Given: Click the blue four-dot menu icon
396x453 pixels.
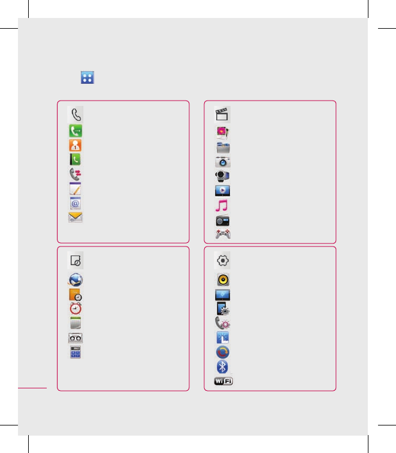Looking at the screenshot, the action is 87,77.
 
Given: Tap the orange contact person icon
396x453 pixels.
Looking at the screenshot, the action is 75,145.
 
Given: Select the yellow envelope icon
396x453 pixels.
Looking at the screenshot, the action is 75,217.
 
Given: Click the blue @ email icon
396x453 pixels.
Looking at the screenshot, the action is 75,203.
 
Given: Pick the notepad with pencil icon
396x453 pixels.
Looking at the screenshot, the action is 75,189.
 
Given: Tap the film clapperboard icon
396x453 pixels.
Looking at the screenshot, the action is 222,114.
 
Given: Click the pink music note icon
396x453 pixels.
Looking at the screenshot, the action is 222,205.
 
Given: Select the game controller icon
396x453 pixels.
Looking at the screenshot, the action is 222,234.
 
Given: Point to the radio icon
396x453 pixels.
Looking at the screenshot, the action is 222,220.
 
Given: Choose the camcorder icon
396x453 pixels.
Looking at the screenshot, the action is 222,176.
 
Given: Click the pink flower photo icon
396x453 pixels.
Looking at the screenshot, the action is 222,132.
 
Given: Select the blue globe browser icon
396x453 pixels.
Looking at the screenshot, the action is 75,279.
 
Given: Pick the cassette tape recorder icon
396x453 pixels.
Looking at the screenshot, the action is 75,338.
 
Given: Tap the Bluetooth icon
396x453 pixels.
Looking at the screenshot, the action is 222,366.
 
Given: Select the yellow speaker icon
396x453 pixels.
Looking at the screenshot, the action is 222,279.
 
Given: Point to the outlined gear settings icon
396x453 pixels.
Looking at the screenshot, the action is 222,261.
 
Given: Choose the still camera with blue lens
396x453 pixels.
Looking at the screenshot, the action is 222,162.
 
